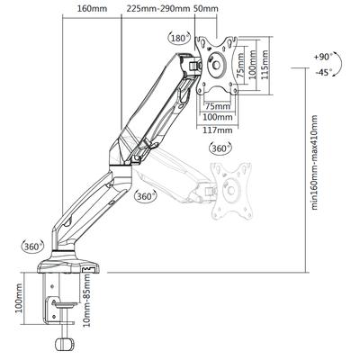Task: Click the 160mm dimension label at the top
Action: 92,8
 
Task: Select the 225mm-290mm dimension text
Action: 158,8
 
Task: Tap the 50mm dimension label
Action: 206,8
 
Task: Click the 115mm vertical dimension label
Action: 265,65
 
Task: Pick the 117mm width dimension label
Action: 218,130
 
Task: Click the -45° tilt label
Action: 324,73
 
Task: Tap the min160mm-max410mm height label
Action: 314,162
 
